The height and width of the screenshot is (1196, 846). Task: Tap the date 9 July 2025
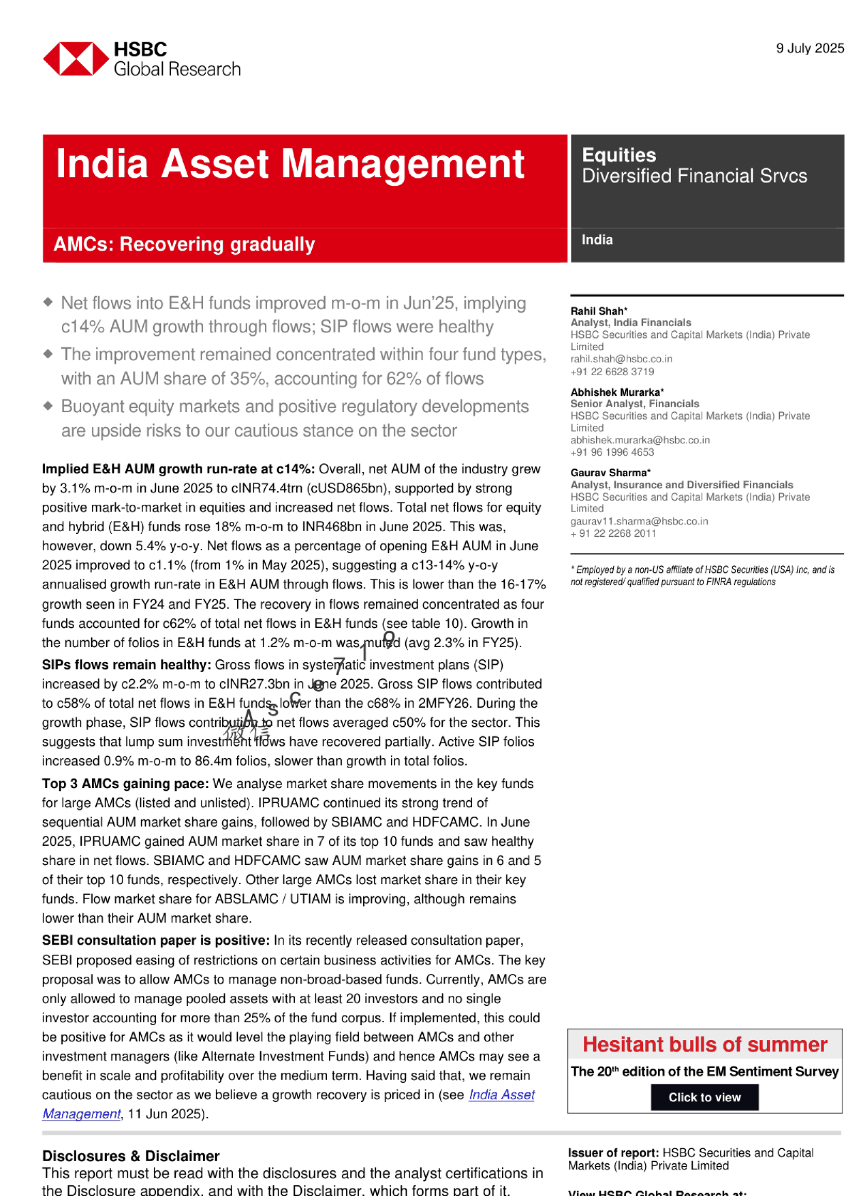click(810, 48)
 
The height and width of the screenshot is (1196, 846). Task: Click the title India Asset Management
click(290, 164)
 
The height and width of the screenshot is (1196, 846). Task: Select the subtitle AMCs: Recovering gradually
click(184, 244)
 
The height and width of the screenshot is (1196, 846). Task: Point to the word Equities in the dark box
click(619, 155)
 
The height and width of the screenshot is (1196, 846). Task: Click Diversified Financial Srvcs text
click(694, 176)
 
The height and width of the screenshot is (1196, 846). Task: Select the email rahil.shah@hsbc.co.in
click(621, 359)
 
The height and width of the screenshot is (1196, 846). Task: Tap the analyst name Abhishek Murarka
click(616, 392)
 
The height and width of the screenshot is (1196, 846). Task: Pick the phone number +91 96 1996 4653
click(612, 452)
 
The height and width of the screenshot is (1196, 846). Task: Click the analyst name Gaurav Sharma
click(610, 473)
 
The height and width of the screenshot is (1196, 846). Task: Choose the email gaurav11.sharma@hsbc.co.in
click(639, 521)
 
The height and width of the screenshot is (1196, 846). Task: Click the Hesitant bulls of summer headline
click(705, 1044)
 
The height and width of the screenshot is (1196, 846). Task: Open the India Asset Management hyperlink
click(501, 1095)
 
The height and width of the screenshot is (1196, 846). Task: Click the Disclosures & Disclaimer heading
click(130, 1156)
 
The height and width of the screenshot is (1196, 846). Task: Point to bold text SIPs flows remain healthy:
click(126, 665)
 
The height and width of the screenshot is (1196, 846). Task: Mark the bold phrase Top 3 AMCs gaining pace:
click(125, 784)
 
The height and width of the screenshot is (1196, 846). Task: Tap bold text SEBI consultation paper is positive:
click(156, 940)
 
